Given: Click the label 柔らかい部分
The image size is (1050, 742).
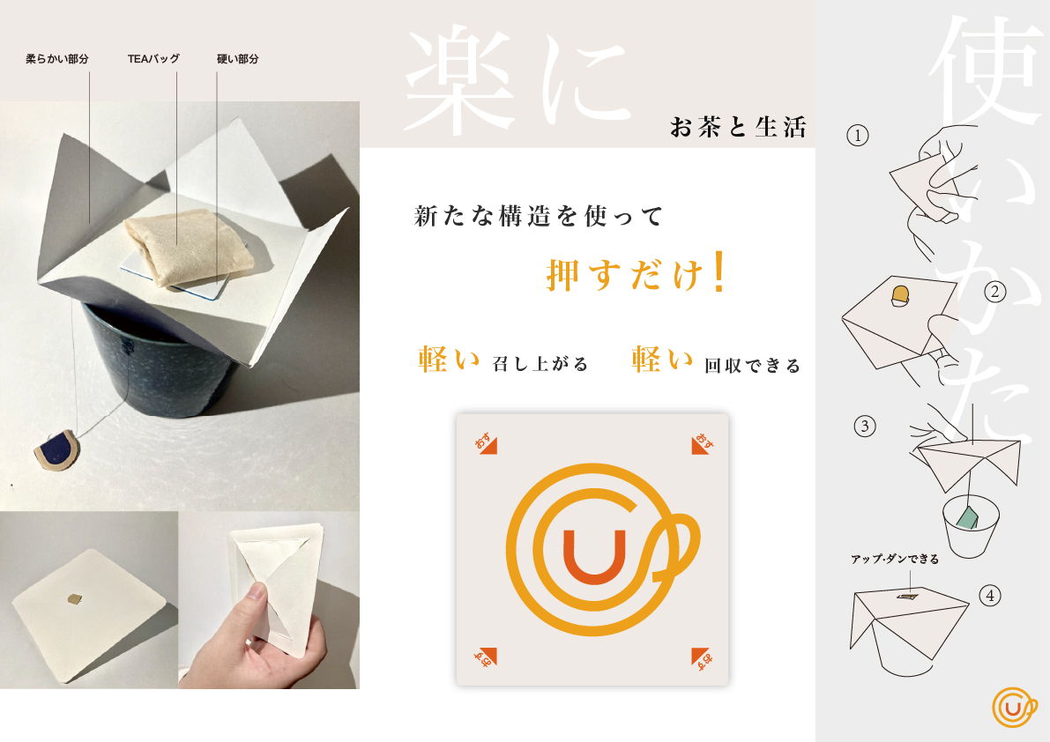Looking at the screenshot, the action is click(x=57, y=59).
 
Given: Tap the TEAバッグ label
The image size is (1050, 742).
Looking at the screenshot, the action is click(x=153, y=59).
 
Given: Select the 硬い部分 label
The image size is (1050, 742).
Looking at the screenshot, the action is click(x=238, y=59).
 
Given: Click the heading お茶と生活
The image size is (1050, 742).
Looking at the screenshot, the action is click(x=738, y=126).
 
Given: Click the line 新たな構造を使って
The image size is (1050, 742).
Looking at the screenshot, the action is click(x=539, y=216).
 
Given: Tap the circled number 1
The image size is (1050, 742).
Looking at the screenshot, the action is click(x=858, y=136).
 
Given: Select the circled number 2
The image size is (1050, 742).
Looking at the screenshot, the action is click(x=995, y=292).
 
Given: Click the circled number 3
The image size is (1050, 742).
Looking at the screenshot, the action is click(x=865, y=427).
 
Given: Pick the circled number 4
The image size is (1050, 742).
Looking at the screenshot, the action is click(x=990, y=596).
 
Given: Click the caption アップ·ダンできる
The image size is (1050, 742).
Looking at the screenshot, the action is click(x=895, y=559).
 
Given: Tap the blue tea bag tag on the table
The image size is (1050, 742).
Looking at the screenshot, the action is click(x=57, y=452).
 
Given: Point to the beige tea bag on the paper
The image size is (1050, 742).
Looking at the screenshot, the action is click(x=188, y=246).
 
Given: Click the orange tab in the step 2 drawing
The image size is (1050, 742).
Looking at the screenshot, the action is click(x=901, y=295).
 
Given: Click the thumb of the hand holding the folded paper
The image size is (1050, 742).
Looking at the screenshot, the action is click(x=256, y=593).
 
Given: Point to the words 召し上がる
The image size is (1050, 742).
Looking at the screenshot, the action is click(x=540, y=364).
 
